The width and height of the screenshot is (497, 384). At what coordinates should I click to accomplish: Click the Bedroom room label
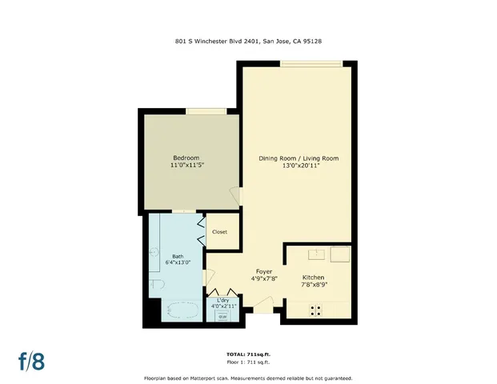tap(186, 158)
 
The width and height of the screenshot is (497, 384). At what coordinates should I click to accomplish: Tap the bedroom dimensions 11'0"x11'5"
tap(186, 166)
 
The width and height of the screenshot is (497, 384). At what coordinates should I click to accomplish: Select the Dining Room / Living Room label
tap(299, 158)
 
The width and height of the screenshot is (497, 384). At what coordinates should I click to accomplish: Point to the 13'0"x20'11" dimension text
tap(299, 166)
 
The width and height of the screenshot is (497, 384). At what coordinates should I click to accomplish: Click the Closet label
tap(219, 232)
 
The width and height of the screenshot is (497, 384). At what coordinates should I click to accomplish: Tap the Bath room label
tap(177, 256)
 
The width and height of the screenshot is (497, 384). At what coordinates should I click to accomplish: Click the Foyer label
tap(263, 271)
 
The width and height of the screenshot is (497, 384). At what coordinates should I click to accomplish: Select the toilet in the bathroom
tap(156, 285)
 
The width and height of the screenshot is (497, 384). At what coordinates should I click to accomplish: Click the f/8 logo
tap(31, 360)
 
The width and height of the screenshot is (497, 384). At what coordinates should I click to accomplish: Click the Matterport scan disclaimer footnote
tap(248, 378)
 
